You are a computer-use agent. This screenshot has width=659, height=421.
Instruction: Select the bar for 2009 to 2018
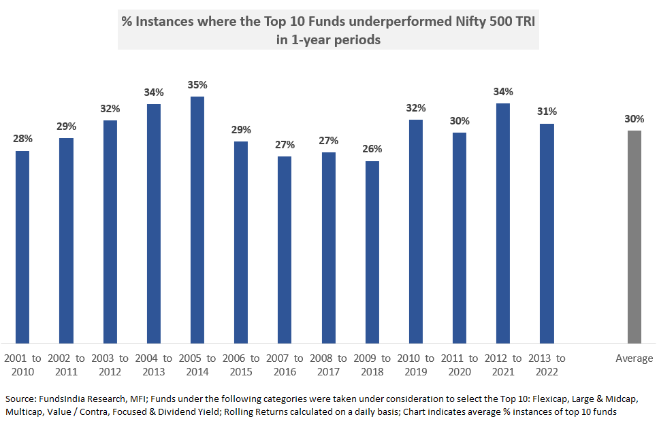(x=372, y=252)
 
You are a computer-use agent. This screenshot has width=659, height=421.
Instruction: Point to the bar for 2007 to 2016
(x=285, y=250)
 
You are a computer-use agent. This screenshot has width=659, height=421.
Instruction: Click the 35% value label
(x=197, y=85)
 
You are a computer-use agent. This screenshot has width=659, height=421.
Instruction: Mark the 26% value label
(x=372, y=149)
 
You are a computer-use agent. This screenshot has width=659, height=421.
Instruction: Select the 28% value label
(x=22, y=139)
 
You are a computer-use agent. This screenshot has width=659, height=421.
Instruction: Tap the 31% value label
(x=547, y=112)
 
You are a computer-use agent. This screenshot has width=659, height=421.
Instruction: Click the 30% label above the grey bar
(x=634, y=119)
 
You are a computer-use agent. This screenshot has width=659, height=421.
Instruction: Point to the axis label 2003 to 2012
(x=110, y=365)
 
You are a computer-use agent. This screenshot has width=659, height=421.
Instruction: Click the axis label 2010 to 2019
(x=415, y=365)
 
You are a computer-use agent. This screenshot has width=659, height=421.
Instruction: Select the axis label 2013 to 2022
(x=547, y=365)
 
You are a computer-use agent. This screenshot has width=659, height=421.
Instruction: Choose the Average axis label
(x=634, y=358)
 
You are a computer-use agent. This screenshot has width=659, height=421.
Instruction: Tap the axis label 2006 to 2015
(x=241, y=365)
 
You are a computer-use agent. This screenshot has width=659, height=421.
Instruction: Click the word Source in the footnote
(x=20, y=398)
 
